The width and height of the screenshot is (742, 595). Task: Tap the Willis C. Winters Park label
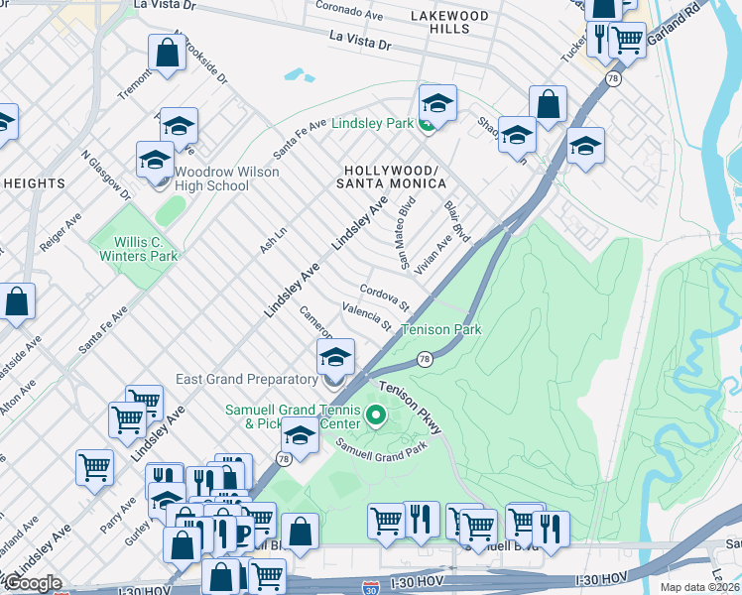coord(138,249)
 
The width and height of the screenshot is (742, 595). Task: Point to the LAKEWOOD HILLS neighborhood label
coord(450,23)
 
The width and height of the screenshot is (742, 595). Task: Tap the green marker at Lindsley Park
coord(426,124)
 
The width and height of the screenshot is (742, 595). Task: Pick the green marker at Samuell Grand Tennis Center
coord(376,415)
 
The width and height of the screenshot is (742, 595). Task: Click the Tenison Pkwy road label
coord(409,408)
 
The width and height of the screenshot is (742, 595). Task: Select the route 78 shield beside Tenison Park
coord(425,359)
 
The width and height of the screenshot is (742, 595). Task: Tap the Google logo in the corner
coord(32,583)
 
